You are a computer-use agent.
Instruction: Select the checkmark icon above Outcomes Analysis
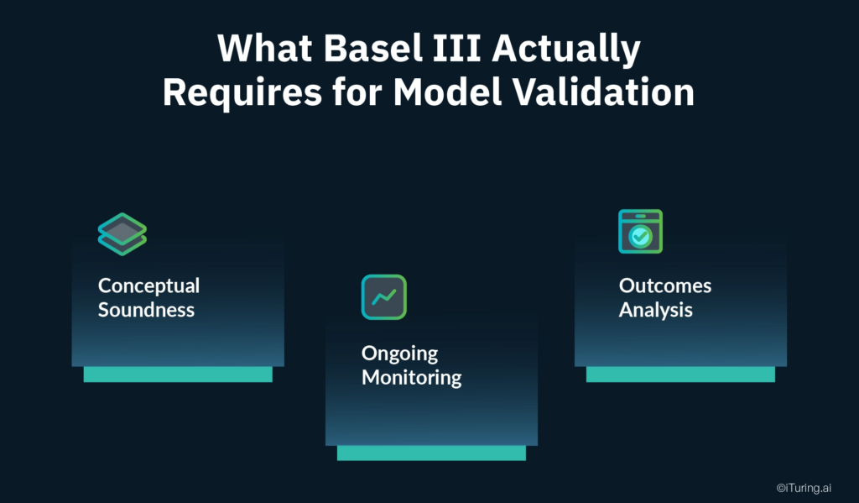coord(640,232)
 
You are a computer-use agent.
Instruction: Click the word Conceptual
coord(148,286)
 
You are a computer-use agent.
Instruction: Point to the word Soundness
coord(146,310)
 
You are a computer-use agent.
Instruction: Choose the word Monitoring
coord(411,377)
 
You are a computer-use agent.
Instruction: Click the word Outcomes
coord(664,286)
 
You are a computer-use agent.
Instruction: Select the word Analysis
coord(655,310)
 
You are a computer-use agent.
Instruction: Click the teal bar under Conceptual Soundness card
coord(178,375)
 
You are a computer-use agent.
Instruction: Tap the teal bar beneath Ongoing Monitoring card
coord(431,453)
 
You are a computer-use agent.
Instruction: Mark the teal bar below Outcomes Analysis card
coord(680,375)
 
